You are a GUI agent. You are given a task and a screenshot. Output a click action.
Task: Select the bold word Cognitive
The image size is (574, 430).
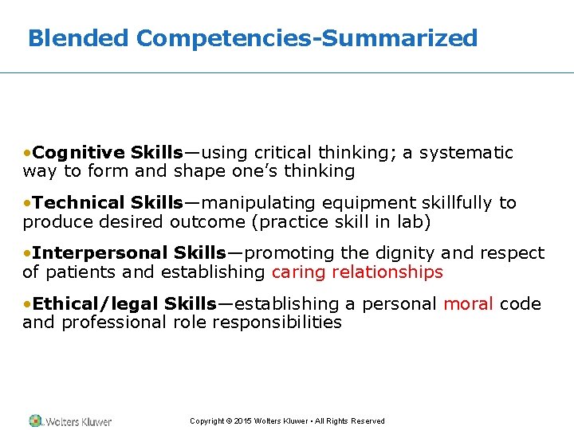[80, 152]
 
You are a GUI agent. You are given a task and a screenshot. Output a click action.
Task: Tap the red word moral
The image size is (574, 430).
[469, 303]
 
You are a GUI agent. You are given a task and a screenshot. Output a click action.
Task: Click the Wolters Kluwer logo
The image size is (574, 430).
[70, 420]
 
